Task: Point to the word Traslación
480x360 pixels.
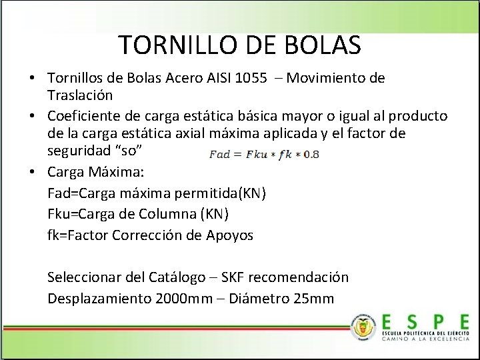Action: click(x=80, y=95)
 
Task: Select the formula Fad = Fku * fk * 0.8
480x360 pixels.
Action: click(x=264, y=155)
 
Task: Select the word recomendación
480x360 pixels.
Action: click(x=309, y=277)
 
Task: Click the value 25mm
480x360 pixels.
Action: click(x=313, y=298)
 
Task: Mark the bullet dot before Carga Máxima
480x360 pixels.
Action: click(x=32, y=173)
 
